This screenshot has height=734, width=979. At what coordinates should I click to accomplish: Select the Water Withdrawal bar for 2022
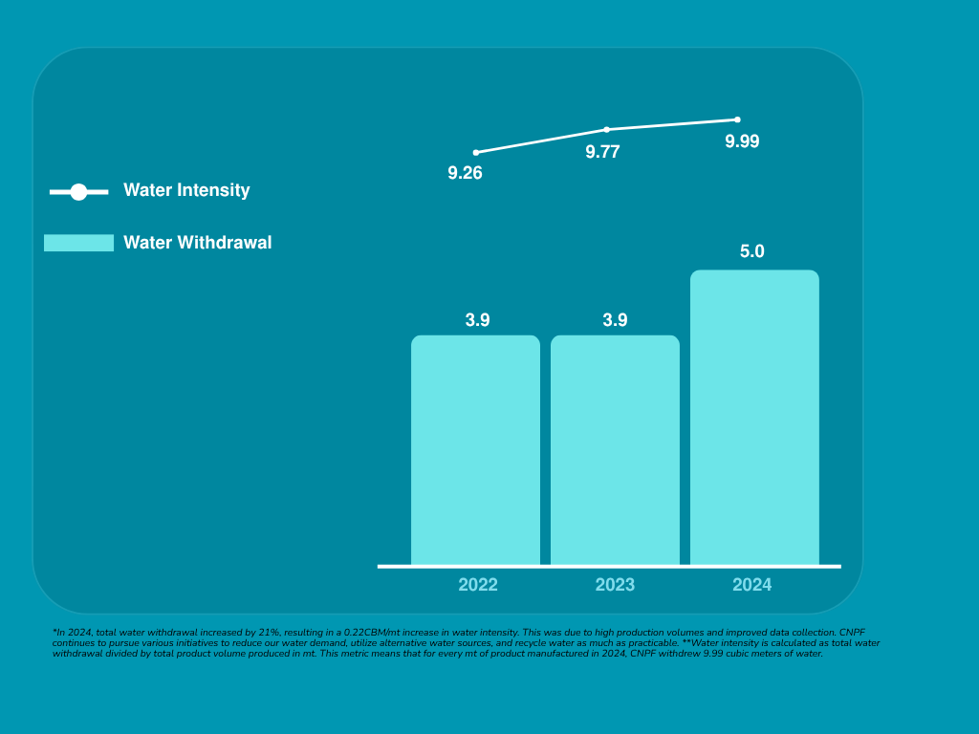[475, 449]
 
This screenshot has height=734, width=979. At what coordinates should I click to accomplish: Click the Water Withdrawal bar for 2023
[615, 449]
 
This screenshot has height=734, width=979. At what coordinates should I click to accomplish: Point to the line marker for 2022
[476, 153]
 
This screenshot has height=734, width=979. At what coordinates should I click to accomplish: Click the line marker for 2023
[606, 130]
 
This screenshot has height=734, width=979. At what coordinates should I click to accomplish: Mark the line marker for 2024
[737, 119]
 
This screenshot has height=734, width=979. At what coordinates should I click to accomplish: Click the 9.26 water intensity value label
[466, 174]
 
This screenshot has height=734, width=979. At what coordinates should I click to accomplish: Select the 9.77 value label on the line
[602, 151]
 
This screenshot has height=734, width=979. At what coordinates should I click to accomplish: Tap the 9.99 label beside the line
[742, 141]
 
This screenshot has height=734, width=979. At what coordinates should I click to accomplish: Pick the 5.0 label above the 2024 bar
[752, 252]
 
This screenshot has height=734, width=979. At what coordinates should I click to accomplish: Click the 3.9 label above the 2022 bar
[477, 320]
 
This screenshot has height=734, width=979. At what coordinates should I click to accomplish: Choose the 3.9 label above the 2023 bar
[615, 320]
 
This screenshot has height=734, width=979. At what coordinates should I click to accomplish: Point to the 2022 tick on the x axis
[478, 585]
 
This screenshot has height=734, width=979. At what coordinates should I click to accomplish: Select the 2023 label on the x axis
[615, 585]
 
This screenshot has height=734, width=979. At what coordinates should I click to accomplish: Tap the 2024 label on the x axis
[752, 585]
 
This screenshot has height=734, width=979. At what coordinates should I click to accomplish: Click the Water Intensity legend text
[186, 190]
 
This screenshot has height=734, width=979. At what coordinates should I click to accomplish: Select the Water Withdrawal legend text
[197, 243]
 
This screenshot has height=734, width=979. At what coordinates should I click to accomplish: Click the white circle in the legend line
[78, 192]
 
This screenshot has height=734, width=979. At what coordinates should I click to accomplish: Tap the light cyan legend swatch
[78, 243]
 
